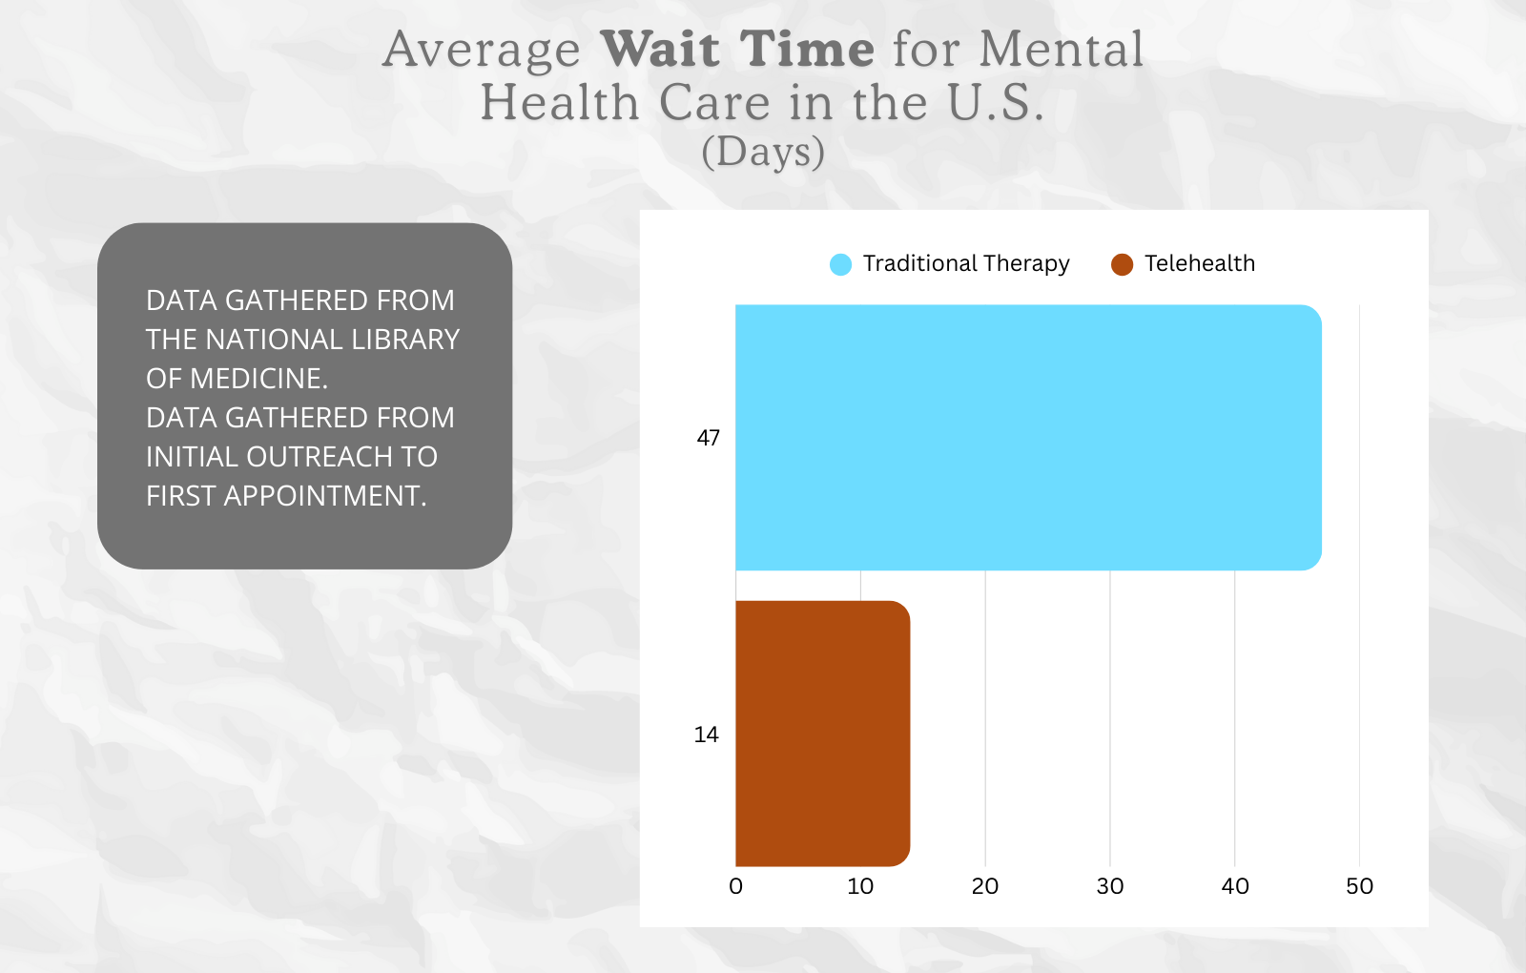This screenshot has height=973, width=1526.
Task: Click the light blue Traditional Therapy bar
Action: (1028, 438)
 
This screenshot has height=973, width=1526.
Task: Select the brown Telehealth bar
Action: (822, 734)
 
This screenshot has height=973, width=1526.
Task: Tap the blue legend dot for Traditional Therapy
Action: (840, 264)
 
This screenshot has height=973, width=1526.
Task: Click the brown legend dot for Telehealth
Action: (1122, 264)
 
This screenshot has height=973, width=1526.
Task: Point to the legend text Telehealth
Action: (1200, 263)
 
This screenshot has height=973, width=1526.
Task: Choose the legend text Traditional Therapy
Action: (966, 263)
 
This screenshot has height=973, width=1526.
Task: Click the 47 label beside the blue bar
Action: (708, 438)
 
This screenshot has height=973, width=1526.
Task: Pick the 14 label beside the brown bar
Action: (706, 735)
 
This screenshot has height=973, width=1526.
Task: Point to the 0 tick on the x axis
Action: (735, 886)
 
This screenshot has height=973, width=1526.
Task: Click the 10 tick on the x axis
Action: (860, 886)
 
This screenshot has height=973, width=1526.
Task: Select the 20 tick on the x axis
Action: (985, 886)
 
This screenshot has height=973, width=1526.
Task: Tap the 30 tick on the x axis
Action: (1110, 886)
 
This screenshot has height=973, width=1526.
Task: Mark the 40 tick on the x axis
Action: (1235, 886)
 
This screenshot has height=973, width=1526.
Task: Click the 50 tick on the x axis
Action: (1359, 886)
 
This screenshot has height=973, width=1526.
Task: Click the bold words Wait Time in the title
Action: (737, 49)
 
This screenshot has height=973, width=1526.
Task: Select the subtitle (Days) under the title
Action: (763, 152)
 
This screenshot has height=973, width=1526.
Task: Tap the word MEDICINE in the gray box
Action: (258, 379)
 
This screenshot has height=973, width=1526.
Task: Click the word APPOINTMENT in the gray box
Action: (324, 496)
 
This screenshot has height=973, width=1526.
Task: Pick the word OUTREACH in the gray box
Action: (320, 457)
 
